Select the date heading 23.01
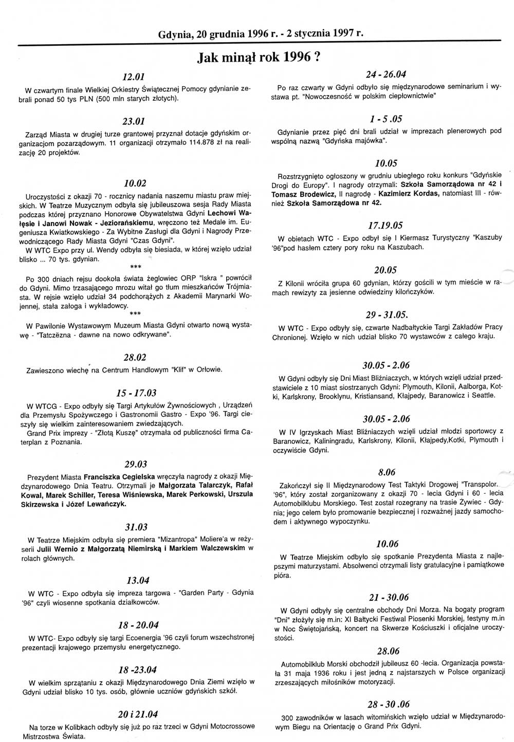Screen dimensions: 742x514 point(134,122)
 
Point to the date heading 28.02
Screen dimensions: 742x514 point(135,358)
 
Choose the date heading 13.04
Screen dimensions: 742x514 point(137,581)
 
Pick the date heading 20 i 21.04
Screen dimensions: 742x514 point(137,714)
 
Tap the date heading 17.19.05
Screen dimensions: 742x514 point(385,226)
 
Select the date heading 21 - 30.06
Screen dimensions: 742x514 point(389,597)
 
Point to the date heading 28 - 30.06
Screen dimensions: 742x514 point(389,704)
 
